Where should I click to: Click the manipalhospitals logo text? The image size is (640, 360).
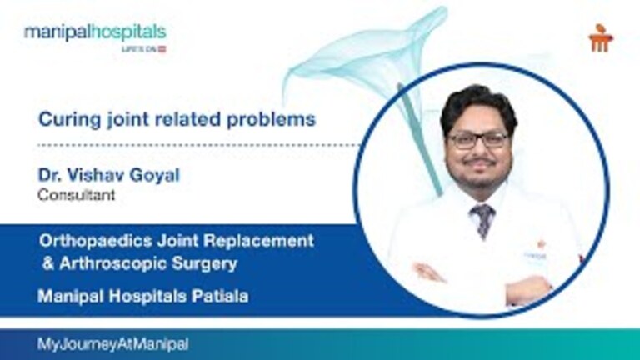coord(94,32)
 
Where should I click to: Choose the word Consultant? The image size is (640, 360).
coord(76,196)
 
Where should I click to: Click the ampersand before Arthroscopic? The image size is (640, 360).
coord(45,264)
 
